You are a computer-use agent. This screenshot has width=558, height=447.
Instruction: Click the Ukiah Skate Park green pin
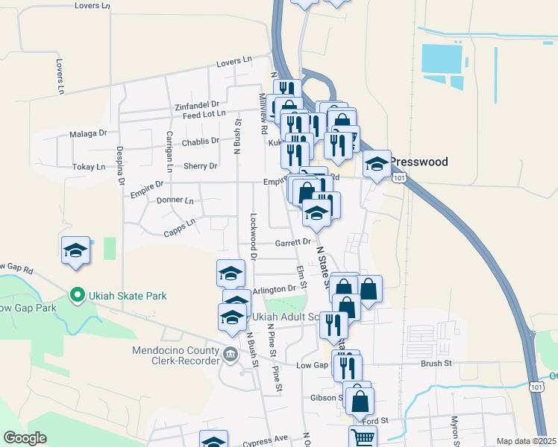coord(75,296)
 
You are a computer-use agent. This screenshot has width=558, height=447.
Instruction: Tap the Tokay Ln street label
coord(90,167)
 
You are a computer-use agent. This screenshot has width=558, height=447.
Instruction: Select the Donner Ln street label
coord(175,200)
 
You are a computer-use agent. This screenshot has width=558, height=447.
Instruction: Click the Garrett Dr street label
coord(292,242)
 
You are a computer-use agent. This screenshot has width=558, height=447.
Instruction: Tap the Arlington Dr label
coord(275,289)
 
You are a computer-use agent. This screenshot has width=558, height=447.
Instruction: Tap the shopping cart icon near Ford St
coord(363,437)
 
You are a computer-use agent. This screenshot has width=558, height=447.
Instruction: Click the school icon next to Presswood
coord(377,164)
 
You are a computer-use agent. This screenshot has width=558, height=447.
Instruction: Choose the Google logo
coord(25,438)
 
